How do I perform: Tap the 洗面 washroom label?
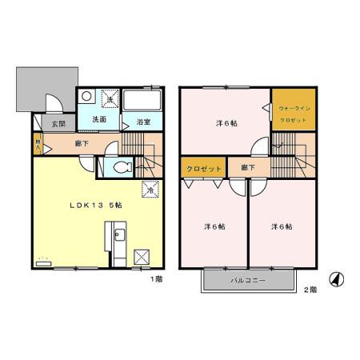click(98, 119)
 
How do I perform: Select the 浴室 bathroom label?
click(144, 122)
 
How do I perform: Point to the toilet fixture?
click(122, 168)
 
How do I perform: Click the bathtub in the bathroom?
click(144, 102)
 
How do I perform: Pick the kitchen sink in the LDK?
click(118, 237)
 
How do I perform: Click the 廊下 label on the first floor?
click(82, 145)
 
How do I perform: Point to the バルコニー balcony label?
click(247, 281)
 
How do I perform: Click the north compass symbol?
click(338, 279)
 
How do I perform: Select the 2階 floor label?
click(310, 289)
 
